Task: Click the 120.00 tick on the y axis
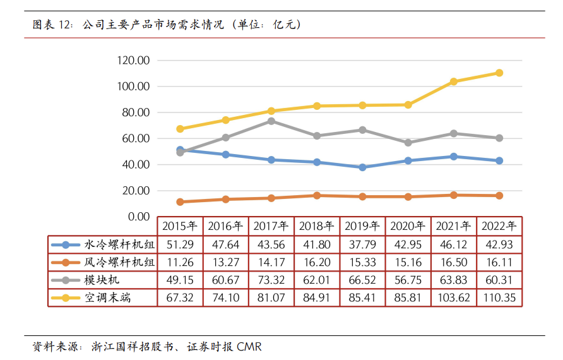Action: point(133,61)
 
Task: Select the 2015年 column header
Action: point(180,225)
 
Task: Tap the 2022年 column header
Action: point(499,225)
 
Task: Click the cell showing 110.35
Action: point(499,297)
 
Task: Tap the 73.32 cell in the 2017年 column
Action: point(271,280)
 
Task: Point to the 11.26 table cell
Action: point(180,262)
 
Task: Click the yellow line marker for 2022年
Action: point(499,73)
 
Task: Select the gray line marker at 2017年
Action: point(271,121)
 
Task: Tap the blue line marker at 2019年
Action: point(362,167)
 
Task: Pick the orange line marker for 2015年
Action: point(180,202)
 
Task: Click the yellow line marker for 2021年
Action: point(453,81)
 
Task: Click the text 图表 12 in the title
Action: point(50,25)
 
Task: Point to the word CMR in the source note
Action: point(249,347)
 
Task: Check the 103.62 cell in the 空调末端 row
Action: point(453,297)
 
